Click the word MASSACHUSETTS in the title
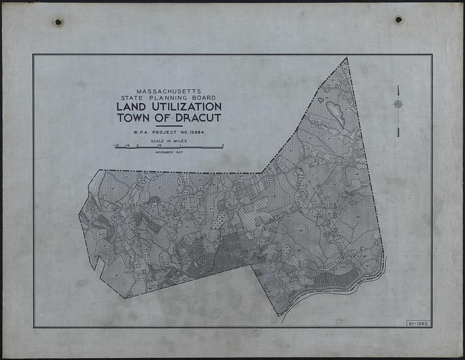coord(169,91)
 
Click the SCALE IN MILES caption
coord(169,141)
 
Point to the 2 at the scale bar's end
coord(223,145)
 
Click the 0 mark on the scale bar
coord(137,145)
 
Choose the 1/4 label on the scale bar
coord(127,145)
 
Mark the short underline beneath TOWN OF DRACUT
coord(169,126)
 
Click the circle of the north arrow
coord(398,104)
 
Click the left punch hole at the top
coord(58,22)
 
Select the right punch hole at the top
coord(399,20)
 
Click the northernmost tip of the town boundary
coord(346,58)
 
